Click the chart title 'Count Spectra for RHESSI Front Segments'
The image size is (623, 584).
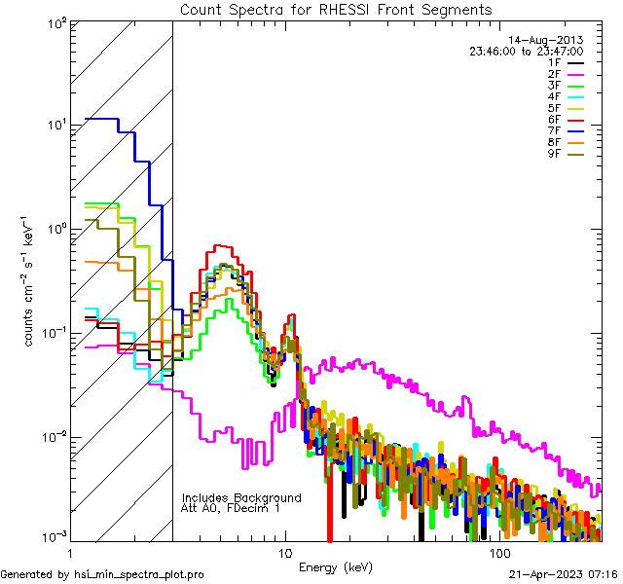coord(336,10)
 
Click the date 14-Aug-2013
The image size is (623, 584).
coord(552,40)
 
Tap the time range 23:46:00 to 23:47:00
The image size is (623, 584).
coord(526,51)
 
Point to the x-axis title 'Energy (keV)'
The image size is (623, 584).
coord(335,566)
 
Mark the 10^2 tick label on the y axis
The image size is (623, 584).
coord(55,22)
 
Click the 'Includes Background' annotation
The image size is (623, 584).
coord(241,497)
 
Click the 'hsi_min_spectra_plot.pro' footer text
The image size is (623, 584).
coord(139,575)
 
